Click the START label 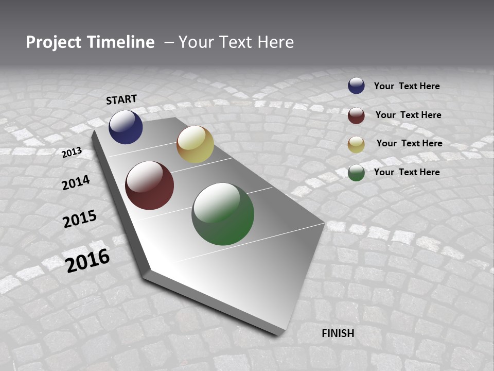pos(121,99)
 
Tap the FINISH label pos(338,333)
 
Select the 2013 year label pos(72,152)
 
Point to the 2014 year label pos(76,182)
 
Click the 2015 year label pos(80,219)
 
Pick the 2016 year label pos(88,260)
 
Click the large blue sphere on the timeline pos(126,127)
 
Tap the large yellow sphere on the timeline pos(195,144)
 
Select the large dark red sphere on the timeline pos(150,185)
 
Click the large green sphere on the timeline pos(223,214)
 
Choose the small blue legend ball pos(356,86)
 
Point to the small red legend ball pos(356,115)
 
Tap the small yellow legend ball pos(356,144)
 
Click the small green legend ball pos(356,173)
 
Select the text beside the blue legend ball pos(407,86)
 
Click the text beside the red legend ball pos(408,115)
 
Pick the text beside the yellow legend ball pos(409,143)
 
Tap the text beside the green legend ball pos(407,172)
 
